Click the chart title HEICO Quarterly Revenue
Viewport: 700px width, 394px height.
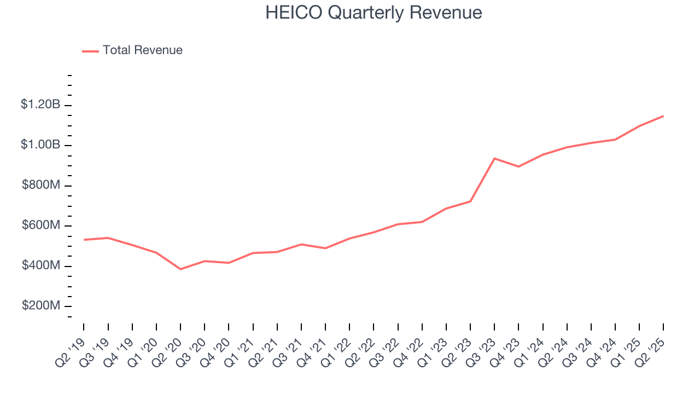[374, 13]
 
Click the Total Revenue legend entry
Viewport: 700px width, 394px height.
[142, 50]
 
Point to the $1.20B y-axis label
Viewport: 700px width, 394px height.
[40, 105]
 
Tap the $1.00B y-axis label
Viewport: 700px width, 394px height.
[40, 145]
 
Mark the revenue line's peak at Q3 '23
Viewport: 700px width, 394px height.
[494, 159]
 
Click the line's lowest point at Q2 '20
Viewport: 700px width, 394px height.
[180, 269]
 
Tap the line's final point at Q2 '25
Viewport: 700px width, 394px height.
[663, 116]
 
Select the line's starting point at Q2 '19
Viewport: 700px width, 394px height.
[84, 240]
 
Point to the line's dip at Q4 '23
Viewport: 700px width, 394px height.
[518, 166]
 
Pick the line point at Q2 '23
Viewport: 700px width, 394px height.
[470, 201]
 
